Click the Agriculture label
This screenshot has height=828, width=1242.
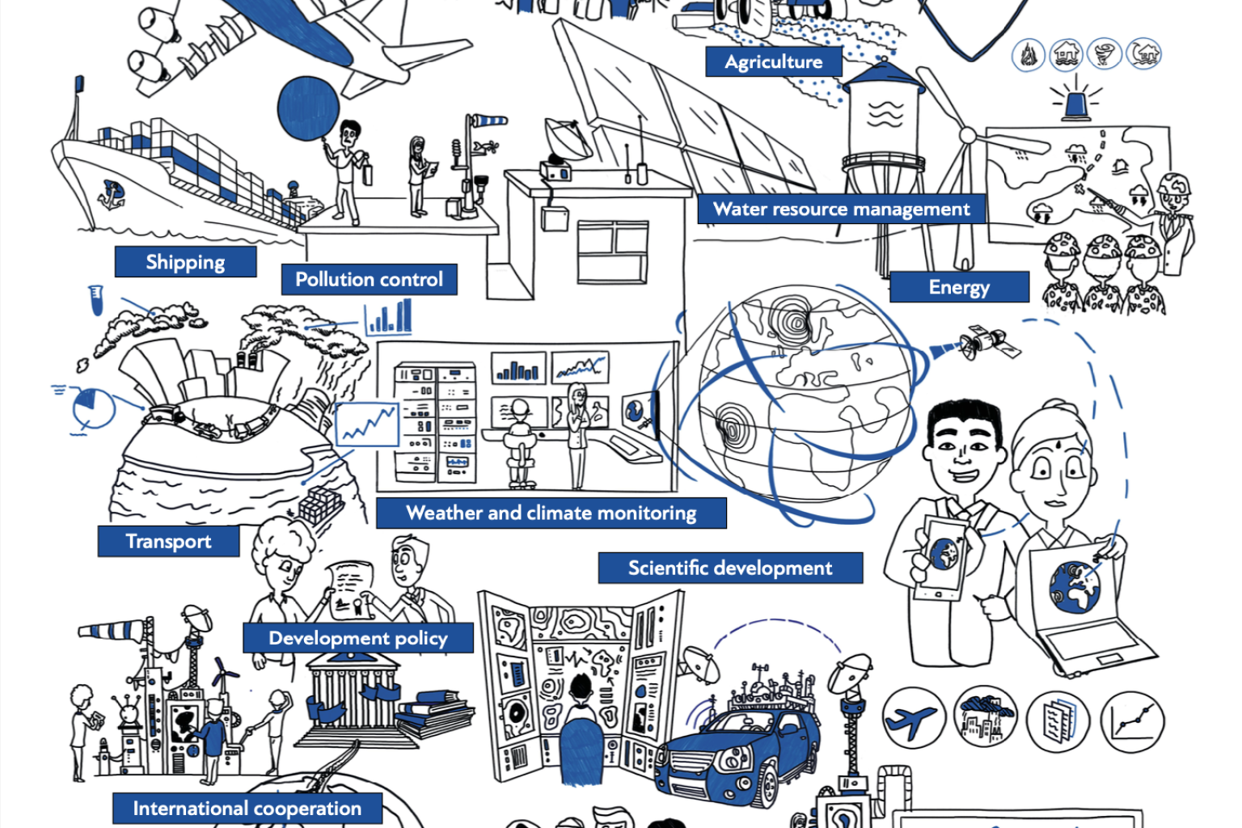(x=774, y=61)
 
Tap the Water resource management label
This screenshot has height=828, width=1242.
(x=841, y=209)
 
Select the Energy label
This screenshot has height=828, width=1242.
(x=959, y=287)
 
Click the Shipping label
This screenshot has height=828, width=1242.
(x=185, y=262)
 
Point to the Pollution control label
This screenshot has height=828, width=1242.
(x=370, y=279)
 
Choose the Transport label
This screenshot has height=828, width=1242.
(x=168, y=541)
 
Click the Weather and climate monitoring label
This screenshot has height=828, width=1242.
(x=551, y=513)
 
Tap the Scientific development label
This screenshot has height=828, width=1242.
(x=730, y=568)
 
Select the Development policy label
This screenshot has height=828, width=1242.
(x=358, y=638)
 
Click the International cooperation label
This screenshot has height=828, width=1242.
(x=247, y=808)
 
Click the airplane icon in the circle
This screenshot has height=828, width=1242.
(x=914, y=720)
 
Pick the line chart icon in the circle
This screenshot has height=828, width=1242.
(x=1132, y=721)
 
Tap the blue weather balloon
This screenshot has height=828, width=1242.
(x=308, y=108)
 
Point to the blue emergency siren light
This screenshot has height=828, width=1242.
(x=1075, y=105)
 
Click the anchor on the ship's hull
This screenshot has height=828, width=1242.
(x=112, y=195)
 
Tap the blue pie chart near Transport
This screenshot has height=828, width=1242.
(x=94, y=408)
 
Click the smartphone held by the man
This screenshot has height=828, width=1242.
(x=943, y=557)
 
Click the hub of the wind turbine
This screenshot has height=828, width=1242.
(x=968, y=135)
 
